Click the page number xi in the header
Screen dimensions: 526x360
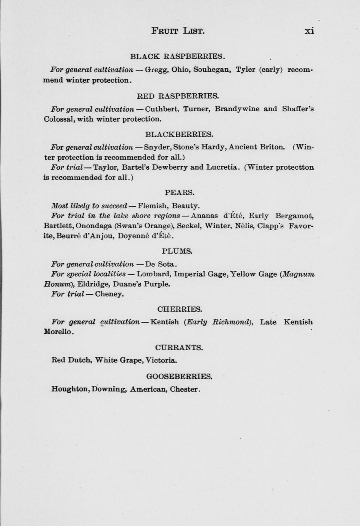pyautogui.click(x=309, y=31)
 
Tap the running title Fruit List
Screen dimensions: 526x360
pyautogui.click(x=178, y=31)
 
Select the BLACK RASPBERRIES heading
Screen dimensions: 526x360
pyautogui.click(x=178, y=56)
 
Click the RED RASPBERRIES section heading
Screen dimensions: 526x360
pyautogui.click(x=178, y=96)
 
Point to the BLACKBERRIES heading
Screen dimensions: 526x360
pyautogui.click(x=179, y=134)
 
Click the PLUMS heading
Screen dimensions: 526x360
pyautogui.click(x=177, y=251)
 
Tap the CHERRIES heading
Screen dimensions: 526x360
pyautogui.click(x=180, y=309)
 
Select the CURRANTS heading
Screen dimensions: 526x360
pyautogui.click(x=179, y=347)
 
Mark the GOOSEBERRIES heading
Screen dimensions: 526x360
pyautogui.click(x=179, y=377)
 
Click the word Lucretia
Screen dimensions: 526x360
pyautogui.click(x=223, y=167)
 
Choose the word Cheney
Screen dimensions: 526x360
pyautogui.click(x=109, y=294)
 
